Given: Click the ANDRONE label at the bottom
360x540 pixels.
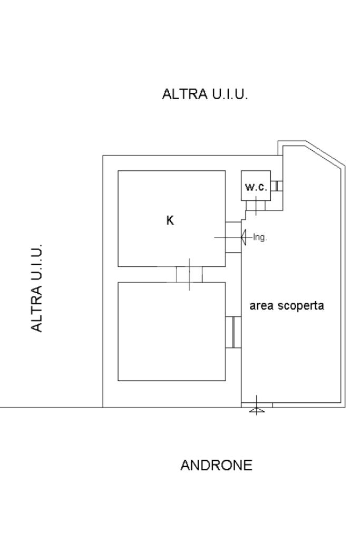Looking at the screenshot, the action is point(216,466).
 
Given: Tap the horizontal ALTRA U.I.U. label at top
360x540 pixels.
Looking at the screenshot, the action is point(205,94).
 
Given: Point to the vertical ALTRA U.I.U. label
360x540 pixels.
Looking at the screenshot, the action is point(37,288).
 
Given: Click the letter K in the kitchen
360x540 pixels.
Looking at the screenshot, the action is point(170,221).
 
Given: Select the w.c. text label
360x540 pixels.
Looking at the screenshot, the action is point(256,187).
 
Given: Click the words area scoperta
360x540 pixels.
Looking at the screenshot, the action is point(286,306).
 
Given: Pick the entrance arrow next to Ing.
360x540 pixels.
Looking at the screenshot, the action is point(245,237).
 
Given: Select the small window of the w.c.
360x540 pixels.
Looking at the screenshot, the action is point(277,186).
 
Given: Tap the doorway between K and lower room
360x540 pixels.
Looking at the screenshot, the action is point(189,274).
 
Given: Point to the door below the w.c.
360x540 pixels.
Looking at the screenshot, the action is point(256,205).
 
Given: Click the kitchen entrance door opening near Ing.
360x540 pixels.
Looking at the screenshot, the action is point(233,237).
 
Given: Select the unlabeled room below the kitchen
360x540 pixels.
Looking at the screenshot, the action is point(171,331).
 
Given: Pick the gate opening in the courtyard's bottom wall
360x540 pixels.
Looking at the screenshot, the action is point(257,405).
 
